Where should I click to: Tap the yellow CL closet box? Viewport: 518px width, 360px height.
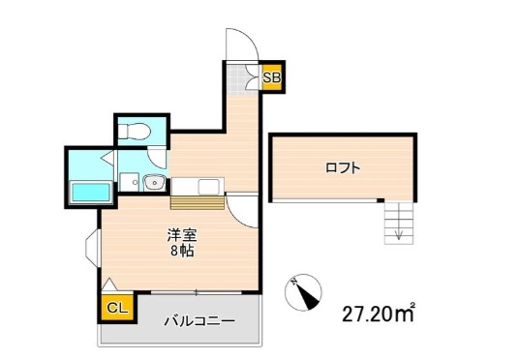click(x=115, y=309)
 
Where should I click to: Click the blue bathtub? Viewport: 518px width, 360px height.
click(x=90, y=192)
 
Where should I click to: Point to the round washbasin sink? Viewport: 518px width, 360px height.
click(x=150, y=182)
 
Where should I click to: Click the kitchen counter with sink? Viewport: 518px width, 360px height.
click(x=198, y=185)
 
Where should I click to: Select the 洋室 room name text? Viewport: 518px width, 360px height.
click(x=180, y=234)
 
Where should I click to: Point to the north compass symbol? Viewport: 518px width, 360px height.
click(x=307, y=293)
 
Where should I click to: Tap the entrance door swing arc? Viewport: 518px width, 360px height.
click(x=239, y=44)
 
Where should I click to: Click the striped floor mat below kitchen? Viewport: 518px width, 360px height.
click(x=198, y=202)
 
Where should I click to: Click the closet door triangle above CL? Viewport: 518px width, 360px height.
click(x=110, y=287)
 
